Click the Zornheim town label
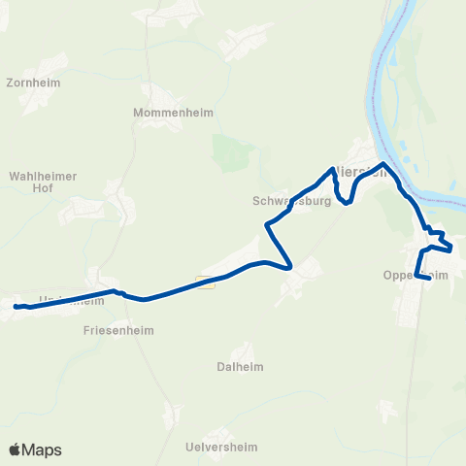pos(32,83)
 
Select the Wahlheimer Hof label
pos(43,182)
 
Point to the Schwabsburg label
pos(291,202)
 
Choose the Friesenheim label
pos(114,330)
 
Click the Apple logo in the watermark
pos(16,449)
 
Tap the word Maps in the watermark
pos(42,449)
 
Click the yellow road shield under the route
pos(204,282)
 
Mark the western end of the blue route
pos(17,307)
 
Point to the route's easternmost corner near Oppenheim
pos(450,247)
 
